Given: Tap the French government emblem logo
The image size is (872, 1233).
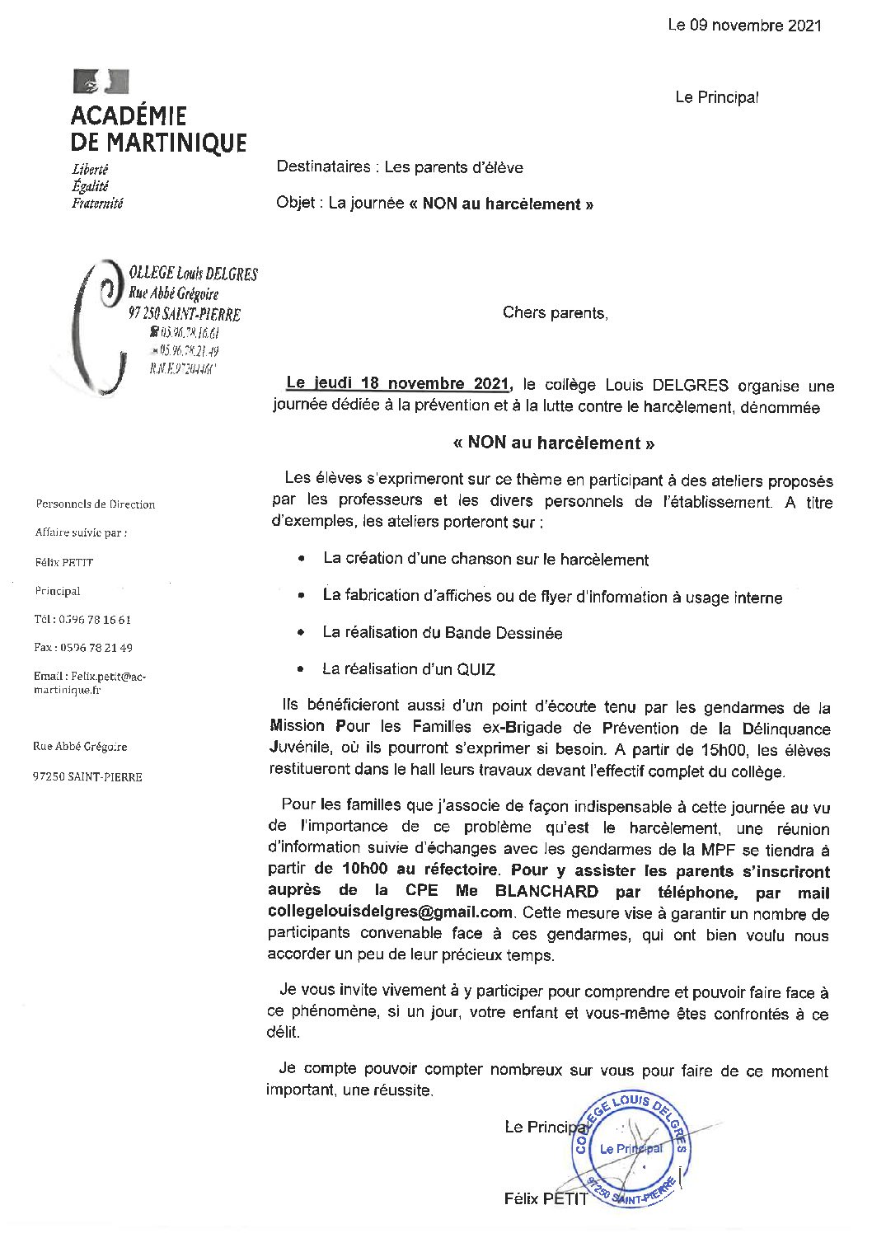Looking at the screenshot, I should coord(101,82).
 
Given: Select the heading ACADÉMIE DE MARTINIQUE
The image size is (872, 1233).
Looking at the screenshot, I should coord(158,129).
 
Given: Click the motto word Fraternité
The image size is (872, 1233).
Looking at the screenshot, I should coord(97,203).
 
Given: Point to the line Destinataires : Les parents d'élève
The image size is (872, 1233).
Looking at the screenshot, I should coord(400,167).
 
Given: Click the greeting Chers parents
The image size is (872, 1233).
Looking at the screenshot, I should coord(555,313).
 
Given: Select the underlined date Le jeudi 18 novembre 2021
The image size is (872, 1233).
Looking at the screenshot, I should coord(398,384).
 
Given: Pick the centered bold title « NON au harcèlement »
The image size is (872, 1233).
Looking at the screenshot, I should coord(553,443).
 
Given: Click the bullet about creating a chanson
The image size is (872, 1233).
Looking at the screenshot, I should coord(485,560).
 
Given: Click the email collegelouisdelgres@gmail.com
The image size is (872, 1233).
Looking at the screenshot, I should coord(390,912).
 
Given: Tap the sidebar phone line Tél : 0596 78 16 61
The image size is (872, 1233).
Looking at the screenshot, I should coord(82,620).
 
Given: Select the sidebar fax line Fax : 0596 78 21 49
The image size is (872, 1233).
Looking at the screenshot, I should coord(82,648).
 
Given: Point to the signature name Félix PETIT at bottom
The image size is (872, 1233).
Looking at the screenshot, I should coord(546,1199).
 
